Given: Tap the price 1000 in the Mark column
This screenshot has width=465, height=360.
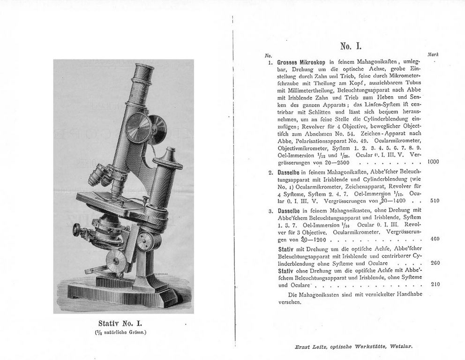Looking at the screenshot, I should point(433,162).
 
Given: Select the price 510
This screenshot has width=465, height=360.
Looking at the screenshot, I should point(435,201).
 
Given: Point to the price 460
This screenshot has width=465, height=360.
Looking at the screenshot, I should point(435,239).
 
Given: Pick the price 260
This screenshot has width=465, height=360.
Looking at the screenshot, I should point(435,262).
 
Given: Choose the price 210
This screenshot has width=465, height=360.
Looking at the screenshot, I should point(435,284).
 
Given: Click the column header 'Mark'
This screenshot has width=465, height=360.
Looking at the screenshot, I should point(433,55).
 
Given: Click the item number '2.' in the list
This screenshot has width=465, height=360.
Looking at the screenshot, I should point(271,172).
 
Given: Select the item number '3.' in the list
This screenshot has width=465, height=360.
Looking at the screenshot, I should point(271,210).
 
